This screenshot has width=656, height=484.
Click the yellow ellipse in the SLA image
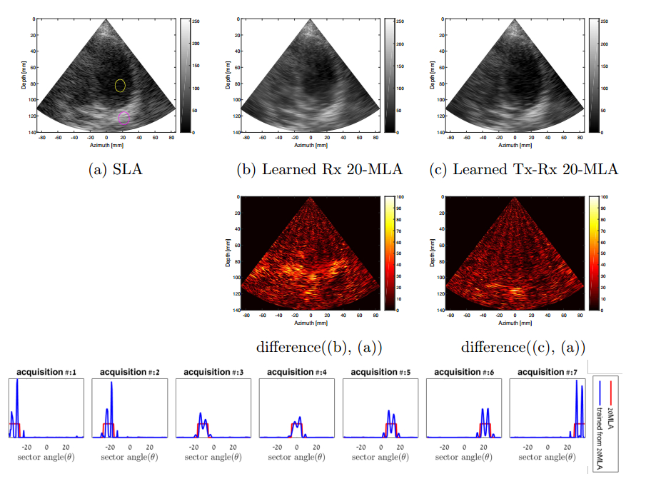120,86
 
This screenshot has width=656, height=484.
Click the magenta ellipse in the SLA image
124,118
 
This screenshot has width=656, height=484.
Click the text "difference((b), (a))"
319,348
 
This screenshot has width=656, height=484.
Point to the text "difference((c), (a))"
523,348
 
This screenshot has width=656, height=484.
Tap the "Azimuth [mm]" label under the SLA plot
106,145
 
